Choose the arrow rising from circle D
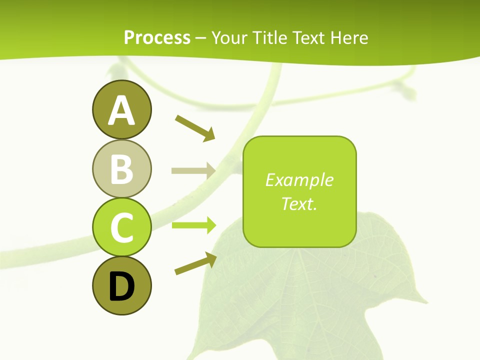(x=195, y=263)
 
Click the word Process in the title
(x=157, y=38)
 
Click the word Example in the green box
(x=299, y=180)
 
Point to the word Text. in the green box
(x=299, y=203)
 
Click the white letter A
(x=121, y=111)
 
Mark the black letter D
(x=121, y=286)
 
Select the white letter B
(x=121, y=170)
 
